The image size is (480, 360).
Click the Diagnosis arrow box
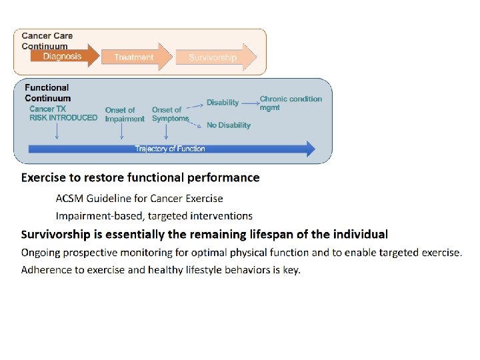coord(63,56)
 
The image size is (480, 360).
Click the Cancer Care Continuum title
coord(47,41)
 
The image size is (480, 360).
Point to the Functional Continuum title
coord(47,93)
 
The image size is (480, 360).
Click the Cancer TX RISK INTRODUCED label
coord(63,113)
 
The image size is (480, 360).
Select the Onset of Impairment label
coord(124,115)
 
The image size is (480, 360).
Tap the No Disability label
coord(228,125)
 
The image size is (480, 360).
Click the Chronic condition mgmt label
coord(290,103)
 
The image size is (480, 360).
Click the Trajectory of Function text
coord(170,149)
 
